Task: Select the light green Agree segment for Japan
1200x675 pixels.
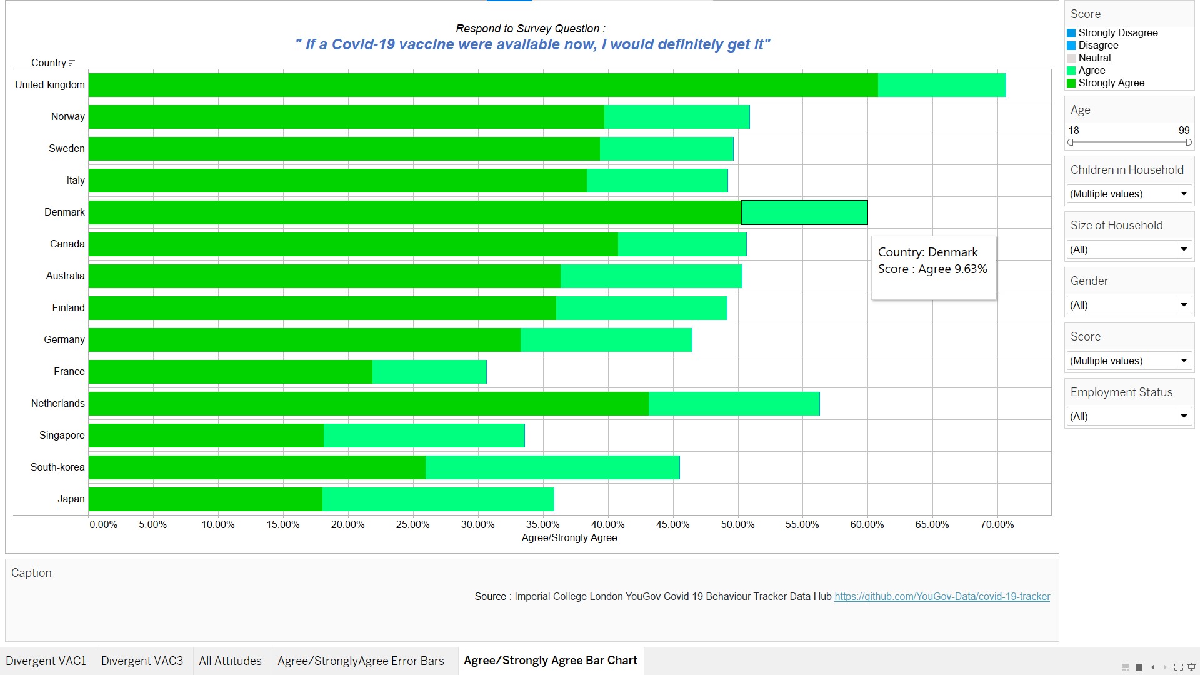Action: pos(437,499)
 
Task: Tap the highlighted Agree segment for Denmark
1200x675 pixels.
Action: pos(804,212)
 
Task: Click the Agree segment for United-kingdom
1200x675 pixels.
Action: pos(941,85)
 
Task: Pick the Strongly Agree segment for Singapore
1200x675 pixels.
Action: pos(206,436)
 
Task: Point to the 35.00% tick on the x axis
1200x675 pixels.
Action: pos(542,524)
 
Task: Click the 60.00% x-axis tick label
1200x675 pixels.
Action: pos(867,524)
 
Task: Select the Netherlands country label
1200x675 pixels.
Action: pos(58,404)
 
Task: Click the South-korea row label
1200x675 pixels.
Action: pos(57,467)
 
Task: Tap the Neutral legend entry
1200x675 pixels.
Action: pos(1094,58)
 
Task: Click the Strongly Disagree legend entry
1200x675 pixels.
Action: pos(1117,33)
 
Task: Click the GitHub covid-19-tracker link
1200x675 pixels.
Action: pos(942,596)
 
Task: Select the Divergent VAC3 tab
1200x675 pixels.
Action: pos(142,661)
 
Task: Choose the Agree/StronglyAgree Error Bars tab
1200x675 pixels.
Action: pos(361,661)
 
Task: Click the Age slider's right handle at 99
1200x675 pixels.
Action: pos(1188,142)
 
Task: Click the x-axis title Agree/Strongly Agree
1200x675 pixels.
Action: pos(569,537)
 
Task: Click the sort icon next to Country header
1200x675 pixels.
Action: pos(72,63)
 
